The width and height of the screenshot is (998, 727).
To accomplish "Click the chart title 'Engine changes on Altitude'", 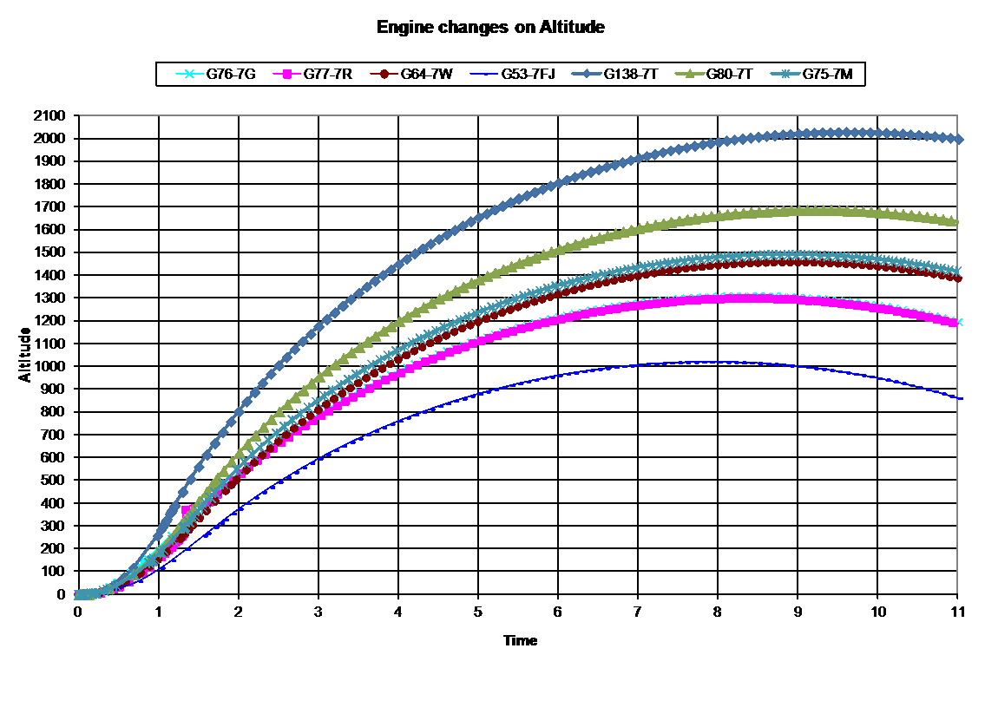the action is tap(490, 28).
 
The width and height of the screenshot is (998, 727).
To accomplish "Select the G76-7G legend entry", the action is tap(216, 74).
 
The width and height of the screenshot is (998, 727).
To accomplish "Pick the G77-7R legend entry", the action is tap(312, 74).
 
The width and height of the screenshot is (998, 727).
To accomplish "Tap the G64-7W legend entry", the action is tap(412, 74).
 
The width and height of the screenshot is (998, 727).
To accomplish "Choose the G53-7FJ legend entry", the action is tap(513, 74).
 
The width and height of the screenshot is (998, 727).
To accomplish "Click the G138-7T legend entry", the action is tap(614, 74).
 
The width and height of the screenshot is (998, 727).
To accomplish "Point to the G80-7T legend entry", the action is tap(714, 74).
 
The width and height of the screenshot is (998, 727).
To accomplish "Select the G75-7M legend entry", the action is tap(811, 74).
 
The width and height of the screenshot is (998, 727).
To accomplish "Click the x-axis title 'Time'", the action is tap(521, 640).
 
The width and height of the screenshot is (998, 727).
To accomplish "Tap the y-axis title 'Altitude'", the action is tap(25, 355).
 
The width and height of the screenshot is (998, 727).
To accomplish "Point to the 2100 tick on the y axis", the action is tap(49, 115).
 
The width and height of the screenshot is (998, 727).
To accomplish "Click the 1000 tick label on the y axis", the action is tap(49, 366).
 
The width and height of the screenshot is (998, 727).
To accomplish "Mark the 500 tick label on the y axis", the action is tap(54, 481).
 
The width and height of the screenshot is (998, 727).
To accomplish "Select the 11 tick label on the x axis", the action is tap(957, 612).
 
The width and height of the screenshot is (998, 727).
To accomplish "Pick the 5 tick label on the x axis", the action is tap(478, 612).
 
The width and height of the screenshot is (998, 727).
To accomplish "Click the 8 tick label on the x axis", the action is tap(718, 612).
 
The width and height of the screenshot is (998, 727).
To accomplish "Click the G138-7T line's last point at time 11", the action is tap(958, 140).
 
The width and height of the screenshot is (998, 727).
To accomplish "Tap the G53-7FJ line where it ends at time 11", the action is tap(958, 398).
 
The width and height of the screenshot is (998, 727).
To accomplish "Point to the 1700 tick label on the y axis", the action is tap(49, 206).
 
